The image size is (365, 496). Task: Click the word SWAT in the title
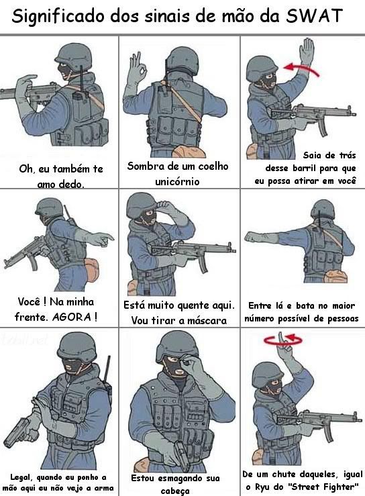pyautogui.click(x=314, y=15)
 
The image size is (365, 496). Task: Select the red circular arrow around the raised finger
pyautogui.click(x=282, y=340)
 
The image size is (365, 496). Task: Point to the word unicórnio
pyautogui.click(x=177, y=182)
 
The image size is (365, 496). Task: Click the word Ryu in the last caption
pyautogui.click(x=262, y=486)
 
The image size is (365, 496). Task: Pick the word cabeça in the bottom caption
pyautogui.click(x=175, y=491)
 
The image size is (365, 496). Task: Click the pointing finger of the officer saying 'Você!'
pyautogui.click(x=105, y=238)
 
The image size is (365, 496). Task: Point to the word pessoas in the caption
pyautogui.click(x=343, y=319)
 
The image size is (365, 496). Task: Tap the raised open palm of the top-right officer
pyautogui.click(x=307, y=51)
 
